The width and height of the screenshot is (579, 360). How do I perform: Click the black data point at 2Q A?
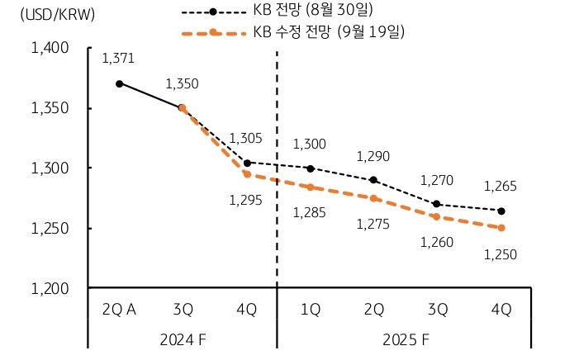click(119, 83)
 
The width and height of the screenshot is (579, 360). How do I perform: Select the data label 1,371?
click(118, 59)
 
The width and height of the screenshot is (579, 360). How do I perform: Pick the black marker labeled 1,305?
click(246, 163)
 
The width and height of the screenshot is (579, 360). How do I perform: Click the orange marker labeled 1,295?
click(246, 174)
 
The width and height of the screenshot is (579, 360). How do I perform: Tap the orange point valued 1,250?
click(501, 228)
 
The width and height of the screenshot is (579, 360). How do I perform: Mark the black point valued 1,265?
click(501, 211)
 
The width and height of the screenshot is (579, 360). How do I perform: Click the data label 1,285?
click(310, 213)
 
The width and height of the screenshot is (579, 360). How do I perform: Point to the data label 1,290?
click(373, 156)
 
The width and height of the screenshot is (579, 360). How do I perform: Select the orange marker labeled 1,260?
click(438, 216)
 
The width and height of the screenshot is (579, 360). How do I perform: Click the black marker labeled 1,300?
click(310, 168)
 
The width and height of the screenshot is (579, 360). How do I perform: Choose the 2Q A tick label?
click(119, 310)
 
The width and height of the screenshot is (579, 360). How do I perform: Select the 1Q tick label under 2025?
click(310, 310)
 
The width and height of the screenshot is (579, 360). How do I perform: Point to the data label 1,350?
click(182, 83)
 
